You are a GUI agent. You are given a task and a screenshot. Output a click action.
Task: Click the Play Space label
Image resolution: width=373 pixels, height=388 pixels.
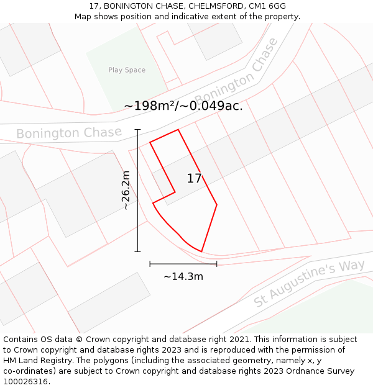tap(127, 70)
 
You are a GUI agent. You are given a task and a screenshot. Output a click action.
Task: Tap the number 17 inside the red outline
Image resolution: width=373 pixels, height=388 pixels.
tap(194, 179)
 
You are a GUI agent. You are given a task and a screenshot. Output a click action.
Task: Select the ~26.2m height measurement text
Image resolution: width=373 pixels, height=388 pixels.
tap(126, 191)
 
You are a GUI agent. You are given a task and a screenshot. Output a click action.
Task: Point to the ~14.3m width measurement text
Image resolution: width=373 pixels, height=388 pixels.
tap(183, 276)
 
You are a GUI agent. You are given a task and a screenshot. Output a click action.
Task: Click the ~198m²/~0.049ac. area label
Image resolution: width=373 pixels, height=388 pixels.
tap(183, 106)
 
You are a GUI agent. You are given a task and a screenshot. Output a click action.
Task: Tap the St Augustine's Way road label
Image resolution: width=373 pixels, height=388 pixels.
tap(309, 284)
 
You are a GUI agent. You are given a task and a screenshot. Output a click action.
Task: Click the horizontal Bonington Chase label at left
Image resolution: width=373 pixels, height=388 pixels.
tap(68, 133)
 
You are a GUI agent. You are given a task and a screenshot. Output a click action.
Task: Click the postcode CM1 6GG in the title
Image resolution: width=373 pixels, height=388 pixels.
tap(268, 6)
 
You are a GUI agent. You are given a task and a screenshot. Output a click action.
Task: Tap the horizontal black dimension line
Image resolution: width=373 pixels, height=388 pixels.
tap(183, 264)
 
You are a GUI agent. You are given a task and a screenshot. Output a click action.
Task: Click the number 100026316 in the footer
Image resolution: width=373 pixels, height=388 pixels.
tap(25, 381)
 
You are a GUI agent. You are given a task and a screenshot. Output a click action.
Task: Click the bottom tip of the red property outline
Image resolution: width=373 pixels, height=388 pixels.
tap(201, 251)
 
